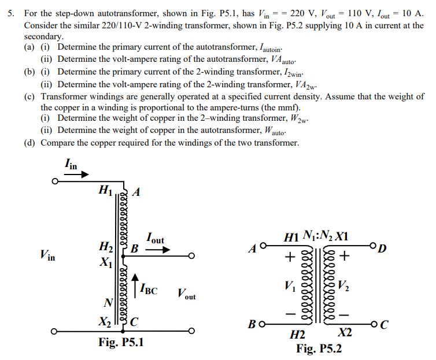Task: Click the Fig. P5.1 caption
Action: [x=121, y=343]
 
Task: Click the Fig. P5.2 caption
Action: [x=319, y=348]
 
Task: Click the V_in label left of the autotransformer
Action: [x=48, y=254]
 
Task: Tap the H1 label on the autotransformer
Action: [x=105, y=188]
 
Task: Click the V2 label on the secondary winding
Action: [x=343, y=284]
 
